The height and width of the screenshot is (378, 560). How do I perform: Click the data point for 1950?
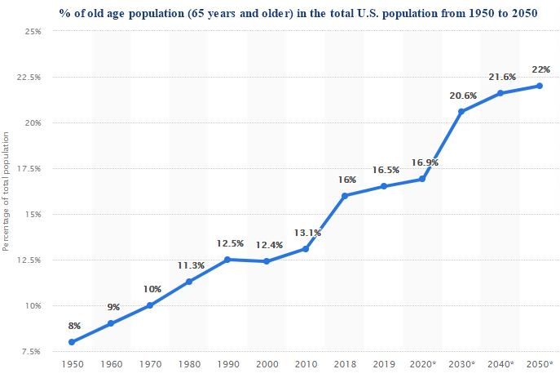click(72, 342)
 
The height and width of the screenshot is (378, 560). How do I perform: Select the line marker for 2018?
click(345, 196)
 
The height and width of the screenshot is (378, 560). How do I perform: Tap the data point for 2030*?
click(461, 111)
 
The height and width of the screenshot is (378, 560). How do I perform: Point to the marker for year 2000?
click(267, 261)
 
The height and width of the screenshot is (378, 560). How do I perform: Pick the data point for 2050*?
click(540, 86)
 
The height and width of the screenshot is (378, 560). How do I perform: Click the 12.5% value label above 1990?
click(230, 243)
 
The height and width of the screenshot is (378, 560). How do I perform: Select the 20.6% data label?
click(462, 96)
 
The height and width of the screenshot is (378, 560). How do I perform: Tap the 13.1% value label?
click(307, 233)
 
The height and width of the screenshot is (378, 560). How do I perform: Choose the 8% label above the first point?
click(73, 326)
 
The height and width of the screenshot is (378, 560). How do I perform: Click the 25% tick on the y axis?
click(35, 32)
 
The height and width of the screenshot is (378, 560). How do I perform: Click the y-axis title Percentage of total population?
click(7, 191)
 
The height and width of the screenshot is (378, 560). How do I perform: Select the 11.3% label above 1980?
click(190, 265)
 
